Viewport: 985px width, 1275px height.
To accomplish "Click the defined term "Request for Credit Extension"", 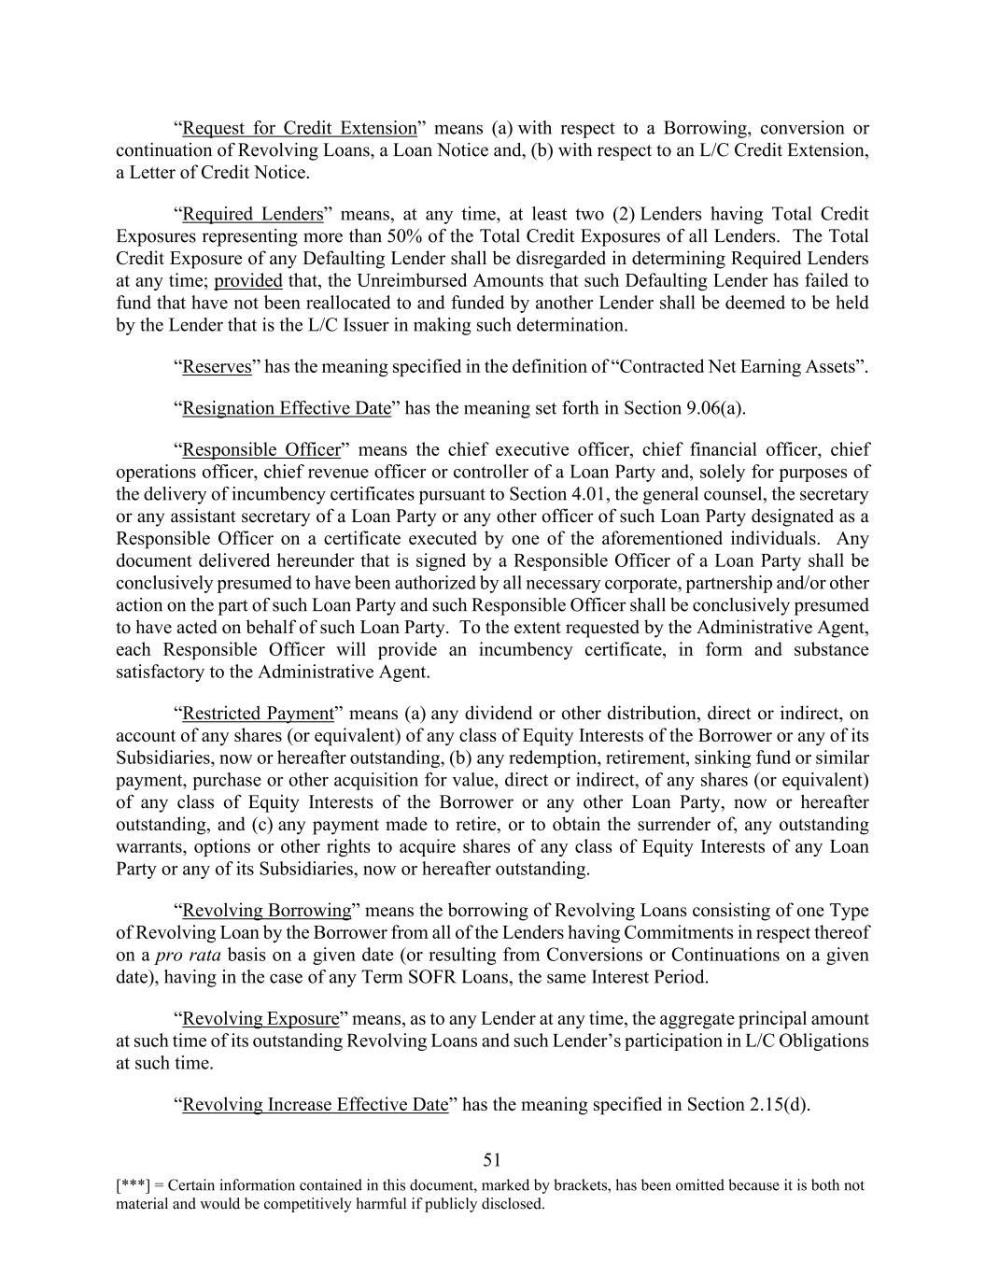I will point(299,128).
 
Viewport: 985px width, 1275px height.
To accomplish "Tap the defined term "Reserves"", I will point(217,366).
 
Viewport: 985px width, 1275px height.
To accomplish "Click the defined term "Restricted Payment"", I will point(258,714).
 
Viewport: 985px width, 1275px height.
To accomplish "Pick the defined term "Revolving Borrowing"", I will point(266,911).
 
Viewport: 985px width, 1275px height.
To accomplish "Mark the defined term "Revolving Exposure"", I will point(260,1019).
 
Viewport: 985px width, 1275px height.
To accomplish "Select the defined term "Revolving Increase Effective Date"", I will point(315,1105).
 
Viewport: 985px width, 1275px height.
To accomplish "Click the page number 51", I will point(492,1161).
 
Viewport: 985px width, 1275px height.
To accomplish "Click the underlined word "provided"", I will point(248,281).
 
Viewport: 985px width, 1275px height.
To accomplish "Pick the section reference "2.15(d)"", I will point(778,1105).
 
